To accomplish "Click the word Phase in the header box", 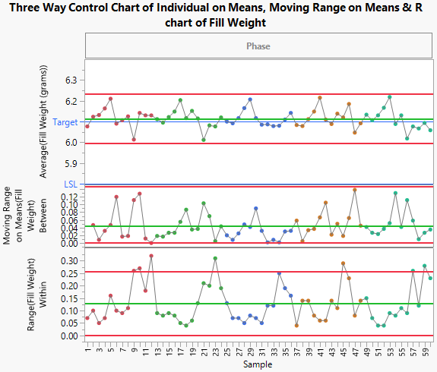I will click(x=258, y=46).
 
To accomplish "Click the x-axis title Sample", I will click(x=258, y=365).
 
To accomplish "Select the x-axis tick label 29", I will click(x=250, y=351).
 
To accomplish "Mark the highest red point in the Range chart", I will click(x=151, y=256).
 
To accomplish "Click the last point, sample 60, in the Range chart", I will click(x=430, y=278).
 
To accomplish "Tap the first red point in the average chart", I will click(x=87, y=126).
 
